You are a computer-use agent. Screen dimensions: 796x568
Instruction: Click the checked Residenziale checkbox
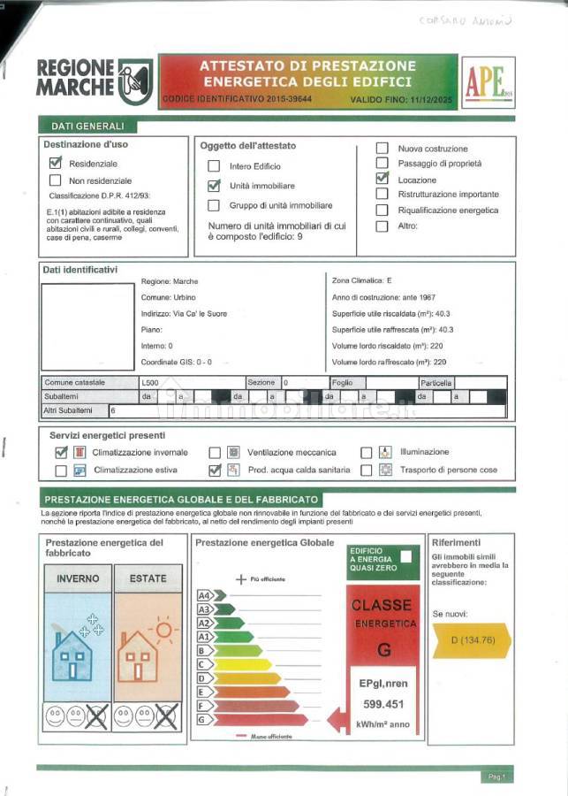click(56, 163)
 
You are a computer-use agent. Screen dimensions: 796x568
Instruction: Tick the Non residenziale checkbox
click(56, 180)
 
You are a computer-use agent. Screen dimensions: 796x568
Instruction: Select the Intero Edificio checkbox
click(214, 166)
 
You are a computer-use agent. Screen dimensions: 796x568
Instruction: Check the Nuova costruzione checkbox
click(382, 149)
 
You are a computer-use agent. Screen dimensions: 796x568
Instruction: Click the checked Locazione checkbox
click(382, 178)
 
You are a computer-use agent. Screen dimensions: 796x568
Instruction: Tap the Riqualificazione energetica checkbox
click(382, 210)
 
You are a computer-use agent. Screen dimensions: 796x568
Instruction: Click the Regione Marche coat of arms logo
click(135, 79)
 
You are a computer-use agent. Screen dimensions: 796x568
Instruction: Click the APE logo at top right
click(488, 82)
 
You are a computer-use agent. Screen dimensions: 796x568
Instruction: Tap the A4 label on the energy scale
click(204, 595)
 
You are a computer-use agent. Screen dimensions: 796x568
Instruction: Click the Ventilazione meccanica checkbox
click(215, 453)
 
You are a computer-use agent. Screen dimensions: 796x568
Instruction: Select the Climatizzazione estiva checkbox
click(61, 471)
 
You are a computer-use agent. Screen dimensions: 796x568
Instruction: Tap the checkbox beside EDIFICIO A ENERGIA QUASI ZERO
click(405, 556)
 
